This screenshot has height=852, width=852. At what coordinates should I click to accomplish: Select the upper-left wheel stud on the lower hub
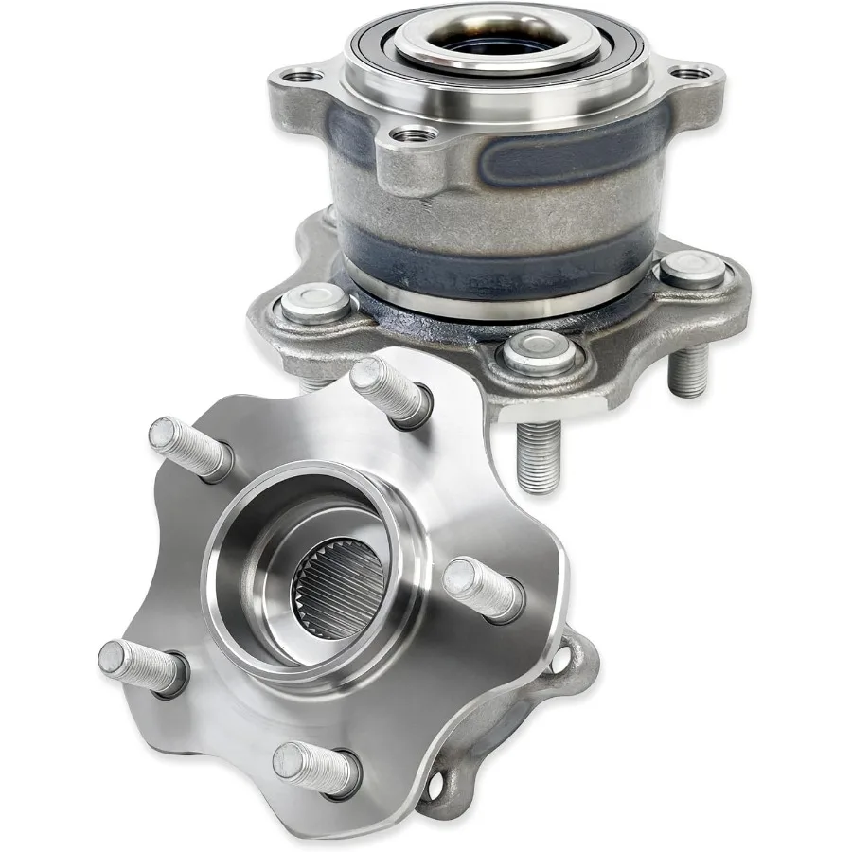coord(187,446)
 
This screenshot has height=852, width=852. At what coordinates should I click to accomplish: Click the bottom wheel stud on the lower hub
coord(312,765)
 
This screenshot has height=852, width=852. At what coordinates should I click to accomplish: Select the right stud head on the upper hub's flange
coord(692,270)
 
